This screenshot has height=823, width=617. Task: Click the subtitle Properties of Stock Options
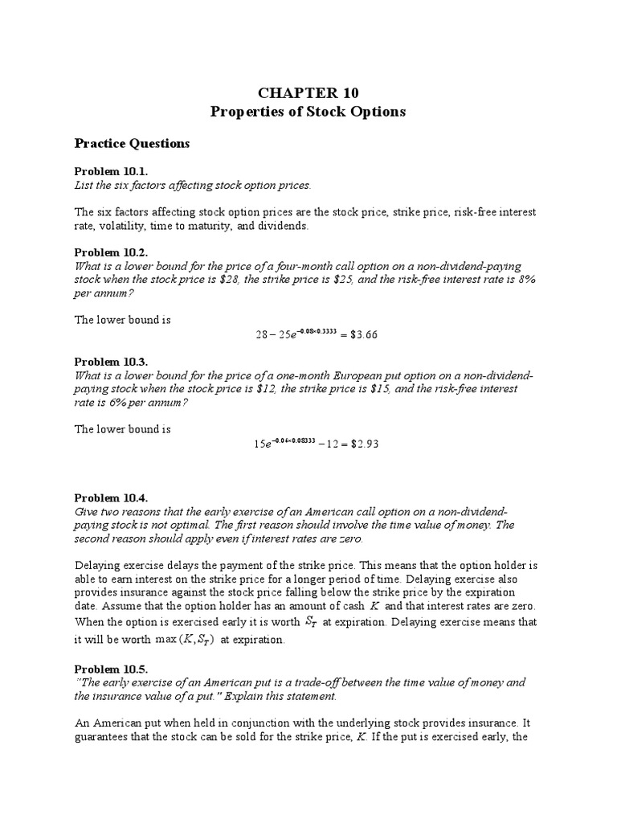coord(308,112)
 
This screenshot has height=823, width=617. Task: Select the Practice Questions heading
coord(132,144)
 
